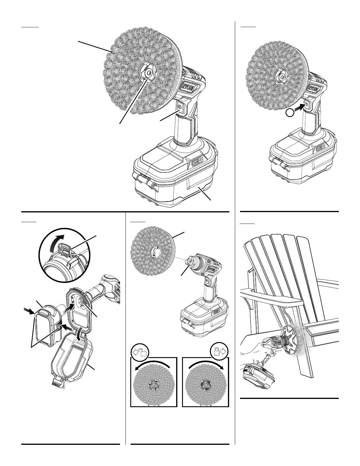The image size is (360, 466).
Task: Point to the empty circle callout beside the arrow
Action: (x=290, y=112)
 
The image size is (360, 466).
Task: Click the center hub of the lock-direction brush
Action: (x=205, y=385)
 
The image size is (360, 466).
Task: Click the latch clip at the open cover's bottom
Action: (x=57, y=383)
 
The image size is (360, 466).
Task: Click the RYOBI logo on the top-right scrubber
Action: (x=314, y=89)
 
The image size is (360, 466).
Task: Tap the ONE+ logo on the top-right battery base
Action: (x=321, y=149)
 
